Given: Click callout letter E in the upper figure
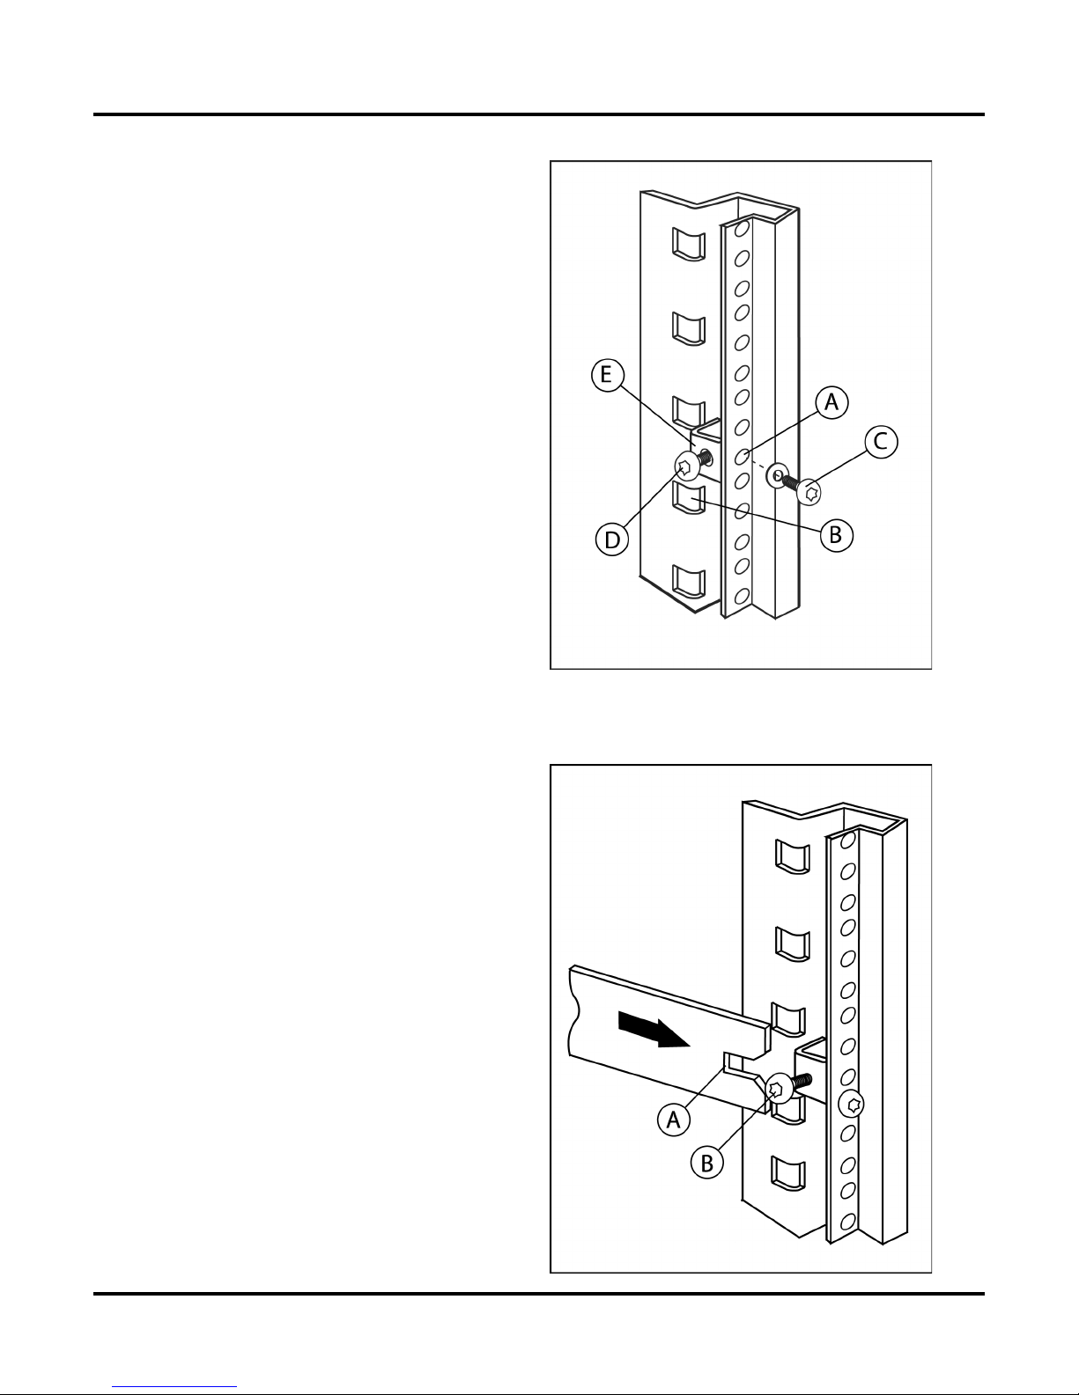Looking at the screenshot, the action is (x=607, y=375).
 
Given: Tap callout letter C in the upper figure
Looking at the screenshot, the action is (x=881, y=442).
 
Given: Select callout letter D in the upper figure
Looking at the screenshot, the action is (x=612, y=540).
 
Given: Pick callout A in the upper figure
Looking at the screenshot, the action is (x=831, y=402).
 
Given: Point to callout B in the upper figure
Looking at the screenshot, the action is (x=836, y=535).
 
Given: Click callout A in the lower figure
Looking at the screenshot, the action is (x=674, y=1120).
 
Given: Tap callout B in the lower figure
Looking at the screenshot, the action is (x=707, y=1163).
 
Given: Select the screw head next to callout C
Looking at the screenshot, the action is (x=809, y=493).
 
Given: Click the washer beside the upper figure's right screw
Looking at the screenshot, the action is (x=778, y=475).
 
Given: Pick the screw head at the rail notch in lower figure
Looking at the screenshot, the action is (x=780, y=1088).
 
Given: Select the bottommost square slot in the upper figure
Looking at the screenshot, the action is (x=689, y=583).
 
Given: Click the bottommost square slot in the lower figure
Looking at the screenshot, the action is (x=788, y=1173).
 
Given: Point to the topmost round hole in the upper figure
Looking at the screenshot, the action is (x=742, y=229).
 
